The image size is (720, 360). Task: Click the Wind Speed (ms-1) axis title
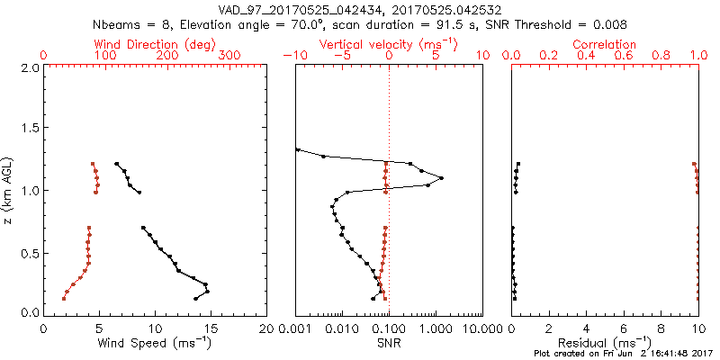(154, 344)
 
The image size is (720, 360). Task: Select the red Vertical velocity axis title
(388, 44)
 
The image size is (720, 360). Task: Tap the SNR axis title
(388, 344)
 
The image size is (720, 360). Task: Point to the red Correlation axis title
(605, 44)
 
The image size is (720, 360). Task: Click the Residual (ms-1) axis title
(605, 344)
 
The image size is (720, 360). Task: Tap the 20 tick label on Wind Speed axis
(265, 329)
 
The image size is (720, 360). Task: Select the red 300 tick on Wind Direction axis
(229, 56)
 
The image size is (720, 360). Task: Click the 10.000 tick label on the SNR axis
(481, 329)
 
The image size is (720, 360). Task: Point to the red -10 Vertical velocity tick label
(294, 56)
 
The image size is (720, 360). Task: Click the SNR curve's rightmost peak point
(441, 178)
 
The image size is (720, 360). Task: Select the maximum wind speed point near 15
(207, 292)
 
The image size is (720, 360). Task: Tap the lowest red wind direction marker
(64, 298)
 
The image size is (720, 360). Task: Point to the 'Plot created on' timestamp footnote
(624, 354)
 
